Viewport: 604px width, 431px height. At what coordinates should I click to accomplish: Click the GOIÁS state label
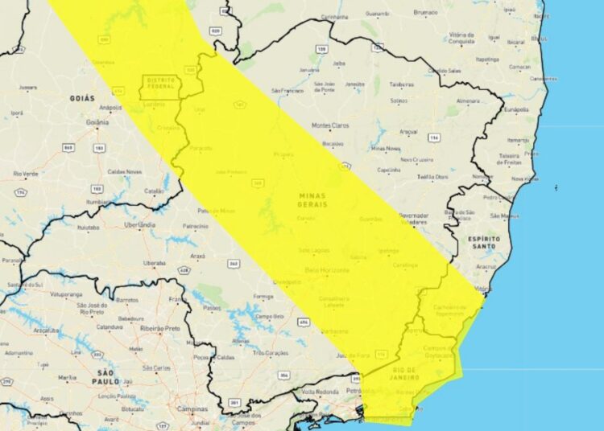tap(82, 97)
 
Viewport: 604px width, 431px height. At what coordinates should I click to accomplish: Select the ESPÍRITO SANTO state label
tap(483, 244)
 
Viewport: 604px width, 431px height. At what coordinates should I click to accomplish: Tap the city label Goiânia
tap(97, 122)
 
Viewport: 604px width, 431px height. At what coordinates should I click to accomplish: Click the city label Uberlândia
tap(139, 225)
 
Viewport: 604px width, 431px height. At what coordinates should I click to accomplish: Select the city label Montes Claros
tap(332, 125)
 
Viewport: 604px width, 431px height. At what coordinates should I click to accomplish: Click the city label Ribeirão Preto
tap(160, 328)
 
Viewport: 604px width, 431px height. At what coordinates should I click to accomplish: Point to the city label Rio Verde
tap(26, 174)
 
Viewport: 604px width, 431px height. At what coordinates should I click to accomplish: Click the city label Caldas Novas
tap(125, 172)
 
